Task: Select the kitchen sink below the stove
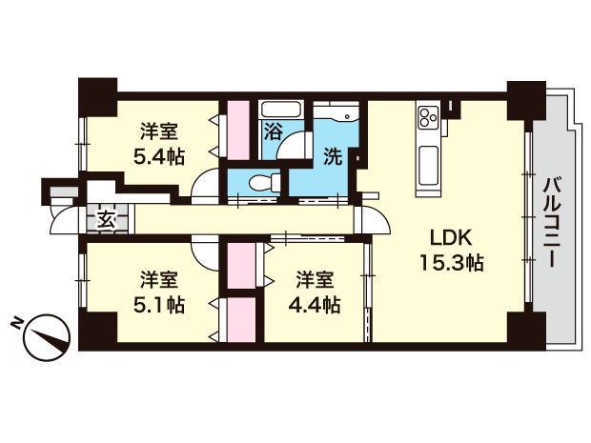tap(428, 166)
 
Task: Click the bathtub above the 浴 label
tap(281, 110)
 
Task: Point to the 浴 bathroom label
tap(273, 131)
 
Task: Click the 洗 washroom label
tap(334, 156)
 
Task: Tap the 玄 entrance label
tap(107, 220)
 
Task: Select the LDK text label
tap(451, 237)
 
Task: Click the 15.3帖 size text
tap(452, 263)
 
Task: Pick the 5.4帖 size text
tap(159, 156)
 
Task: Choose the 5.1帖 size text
tap(159, 305)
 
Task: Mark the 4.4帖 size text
tap(315, 305)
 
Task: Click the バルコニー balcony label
tap(553, 223)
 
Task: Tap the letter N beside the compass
tap(16, 323)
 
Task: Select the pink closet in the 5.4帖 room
tap(238, 130)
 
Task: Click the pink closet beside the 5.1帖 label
tap(241, 320)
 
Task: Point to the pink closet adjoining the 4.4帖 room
tap(241, 266)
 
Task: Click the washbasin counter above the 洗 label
tap(336, 111)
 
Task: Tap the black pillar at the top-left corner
tap(97, 97)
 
